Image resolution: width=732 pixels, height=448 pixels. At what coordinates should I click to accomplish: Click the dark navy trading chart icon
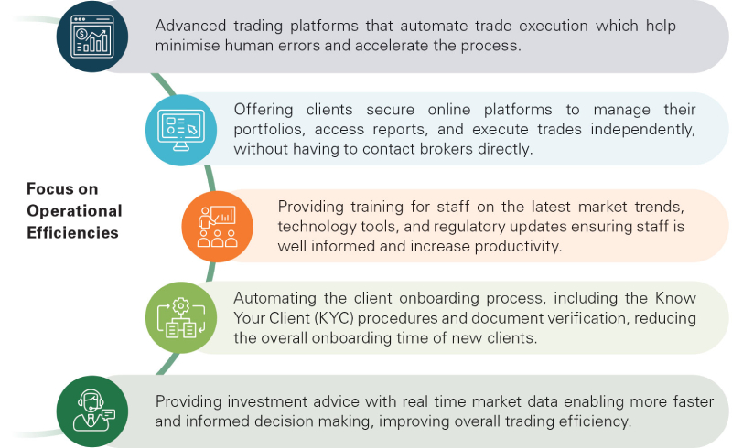(x=92, y=37)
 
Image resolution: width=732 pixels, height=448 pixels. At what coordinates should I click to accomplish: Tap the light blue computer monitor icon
(x=180, y=130)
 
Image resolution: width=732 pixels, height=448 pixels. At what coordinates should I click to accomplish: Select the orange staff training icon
(x=217, y=227)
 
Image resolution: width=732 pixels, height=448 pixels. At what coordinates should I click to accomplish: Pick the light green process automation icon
(x=180, y=318)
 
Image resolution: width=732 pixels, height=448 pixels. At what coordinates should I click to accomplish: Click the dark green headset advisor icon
(x=92, y=411)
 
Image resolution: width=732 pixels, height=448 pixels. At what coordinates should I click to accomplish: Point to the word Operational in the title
(x=74, y=211)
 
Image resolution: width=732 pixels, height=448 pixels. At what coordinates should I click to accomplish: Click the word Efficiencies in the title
(x=72, y=232)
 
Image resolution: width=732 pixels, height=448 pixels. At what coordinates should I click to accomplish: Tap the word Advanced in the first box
(x=190, y=26)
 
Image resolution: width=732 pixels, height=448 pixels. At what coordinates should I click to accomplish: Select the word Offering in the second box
(x=264, y=110)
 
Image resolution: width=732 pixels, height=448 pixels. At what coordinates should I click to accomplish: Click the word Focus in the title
(x=49, y=189)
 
